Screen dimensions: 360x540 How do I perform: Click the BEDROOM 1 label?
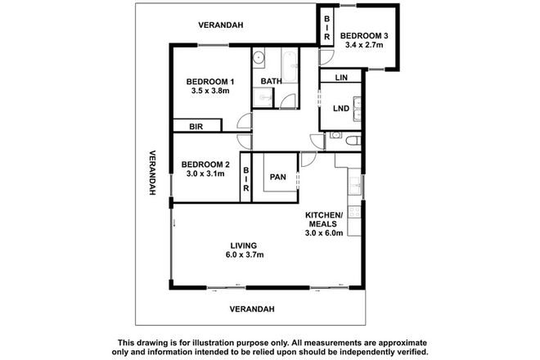(x=210, y=82)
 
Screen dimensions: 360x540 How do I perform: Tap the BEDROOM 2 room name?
(x=205, y=164)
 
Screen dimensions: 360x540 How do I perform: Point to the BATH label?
(x=271, y=82)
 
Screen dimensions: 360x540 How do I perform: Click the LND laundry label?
(x=341, y=109)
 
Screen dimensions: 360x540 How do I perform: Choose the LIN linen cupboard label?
(x=342, y=78)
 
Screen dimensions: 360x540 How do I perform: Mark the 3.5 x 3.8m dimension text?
(x=210, y=92)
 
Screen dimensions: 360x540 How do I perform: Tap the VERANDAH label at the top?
(x=222, y=25)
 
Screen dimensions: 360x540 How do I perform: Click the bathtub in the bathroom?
(x=290, y=59)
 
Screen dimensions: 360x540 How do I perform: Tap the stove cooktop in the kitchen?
(x=354, y=213)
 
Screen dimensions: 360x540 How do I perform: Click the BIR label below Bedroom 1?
(x=196, y=127)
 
